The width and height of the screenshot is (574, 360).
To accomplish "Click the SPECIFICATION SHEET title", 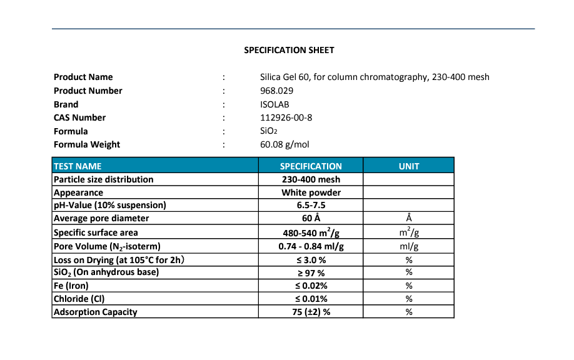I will pos(289,50).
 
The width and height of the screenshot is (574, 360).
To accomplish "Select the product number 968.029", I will pos(276,91).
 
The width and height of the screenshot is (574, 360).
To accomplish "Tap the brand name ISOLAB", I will pos(274,104).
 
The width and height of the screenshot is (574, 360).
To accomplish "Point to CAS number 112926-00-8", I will pos(286,117).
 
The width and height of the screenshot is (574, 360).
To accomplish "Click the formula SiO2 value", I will pos(268,131).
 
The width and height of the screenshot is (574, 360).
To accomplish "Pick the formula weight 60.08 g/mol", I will pos(284,144).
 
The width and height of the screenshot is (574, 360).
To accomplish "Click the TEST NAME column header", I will pos(78,166).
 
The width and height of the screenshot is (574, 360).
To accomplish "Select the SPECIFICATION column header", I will pos(311,166).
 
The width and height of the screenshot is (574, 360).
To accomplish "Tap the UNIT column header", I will pos(409,166).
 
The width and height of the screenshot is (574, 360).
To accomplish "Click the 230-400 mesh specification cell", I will pos(311,179).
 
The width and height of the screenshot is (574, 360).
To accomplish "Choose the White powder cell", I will pos(311,192).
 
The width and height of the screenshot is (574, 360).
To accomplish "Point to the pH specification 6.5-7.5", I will pos(311,205).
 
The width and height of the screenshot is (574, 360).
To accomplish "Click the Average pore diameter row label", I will pos(101,218).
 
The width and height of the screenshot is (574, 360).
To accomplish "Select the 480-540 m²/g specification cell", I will pos(311,232).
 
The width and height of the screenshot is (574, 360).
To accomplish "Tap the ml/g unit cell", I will pos(409,246).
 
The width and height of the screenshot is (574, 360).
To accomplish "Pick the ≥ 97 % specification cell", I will pos(311,272).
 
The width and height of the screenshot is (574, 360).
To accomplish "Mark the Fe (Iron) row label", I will pos(71,286).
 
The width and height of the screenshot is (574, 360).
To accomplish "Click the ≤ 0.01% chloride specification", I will pos(311,299).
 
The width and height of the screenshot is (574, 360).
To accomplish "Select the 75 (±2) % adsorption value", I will pos(311,312).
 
